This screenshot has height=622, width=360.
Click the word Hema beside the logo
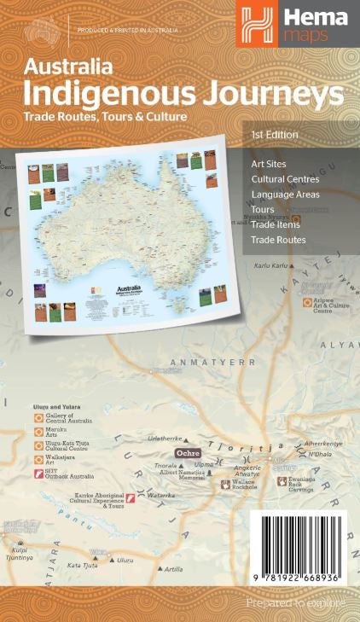(316, 15)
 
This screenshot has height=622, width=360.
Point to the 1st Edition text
(275, 135)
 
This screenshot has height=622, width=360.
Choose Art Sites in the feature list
(268, 164)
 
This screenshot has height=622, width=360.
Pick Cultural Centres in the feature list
(285, 179)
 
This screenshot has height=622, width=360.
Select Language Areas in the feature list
(285, 195)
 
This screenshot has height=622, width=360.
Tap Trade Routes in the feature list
(278, 240)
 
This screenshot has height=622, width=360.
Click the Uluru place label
(125, 560)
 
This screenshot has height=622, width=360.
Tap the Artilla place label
(173, 569)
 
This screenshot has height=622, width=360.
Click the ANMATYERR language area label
(212, 362)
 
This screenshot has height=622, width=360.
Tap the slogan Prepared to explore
(296, 602)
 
